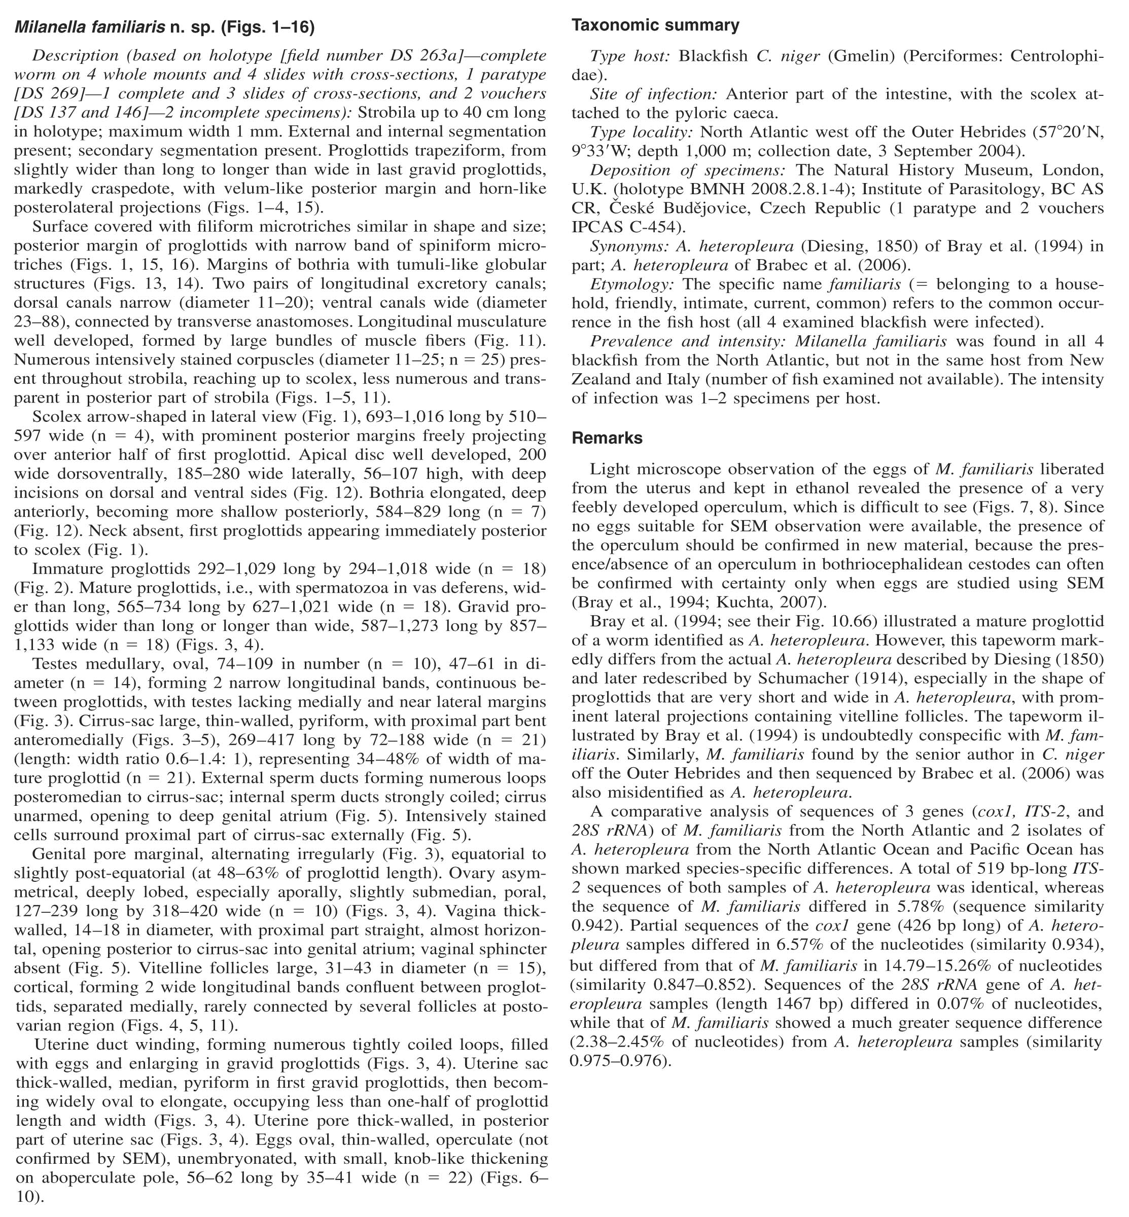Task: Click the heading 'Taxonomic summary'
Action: click(655, 26)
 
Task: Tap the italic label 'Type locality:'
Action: click(642, 132)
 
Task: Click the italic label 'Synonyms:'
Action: click(629, 247)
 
